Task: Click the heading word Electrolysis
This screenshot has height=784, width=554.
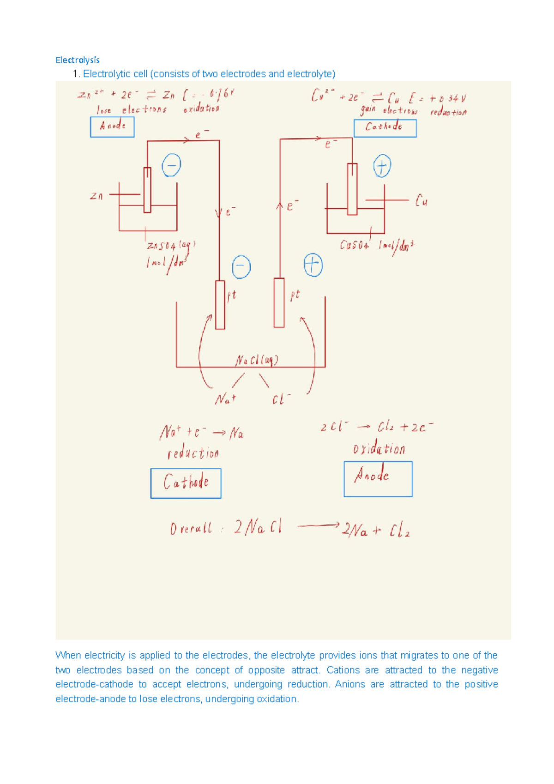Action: coord(77,60)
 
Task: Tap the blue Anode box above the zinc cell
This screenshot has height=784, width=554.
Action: coord(112,127)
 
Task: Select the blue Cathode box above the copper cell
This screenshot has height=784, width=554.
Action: coord(385,128)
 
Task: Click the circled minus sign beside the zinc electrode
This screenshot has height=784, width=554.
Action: coord(171,165)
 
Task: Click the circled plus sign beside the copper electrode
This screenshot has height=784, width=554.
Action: coord(382,166)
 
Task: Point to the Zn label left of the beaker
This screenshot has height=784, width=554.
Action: coord(96,196)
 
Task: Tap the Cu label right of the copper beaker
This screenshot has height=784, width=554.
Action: coord(421,201)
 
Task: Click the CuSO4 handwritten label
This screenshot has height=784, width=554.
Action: coord(354,245)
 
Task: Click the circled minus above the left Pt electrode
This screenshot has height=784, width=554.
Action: coord(241,267)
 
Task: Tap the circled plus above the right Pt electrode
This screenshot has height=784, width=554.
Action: coord(313,265)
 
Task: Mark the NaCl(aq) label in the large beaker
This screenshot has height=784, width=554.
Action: coord(257,360)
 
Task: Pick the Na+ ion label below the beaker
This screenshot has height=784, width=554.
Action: coord(225,398)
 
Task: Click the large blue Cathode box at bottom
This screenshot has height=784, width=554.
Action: coord(186,483)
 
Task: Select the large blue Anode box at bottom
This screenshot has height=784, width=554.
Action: coord(378,479)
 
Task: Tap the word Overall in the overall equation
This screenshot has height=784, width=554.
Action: coord(191,528)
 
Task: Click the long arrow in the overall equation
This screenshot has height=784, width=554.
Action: coord(318,525)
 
